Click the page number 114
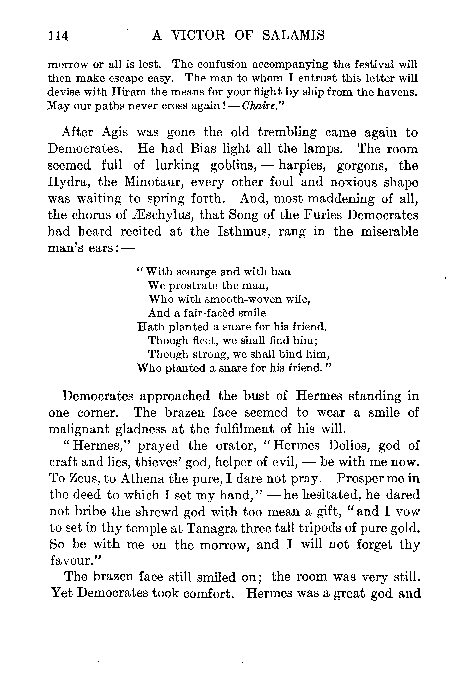[x=59, y=36]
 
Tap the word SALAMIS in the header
[x=293, y=35]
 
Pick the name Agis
[x=114, y=133]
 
